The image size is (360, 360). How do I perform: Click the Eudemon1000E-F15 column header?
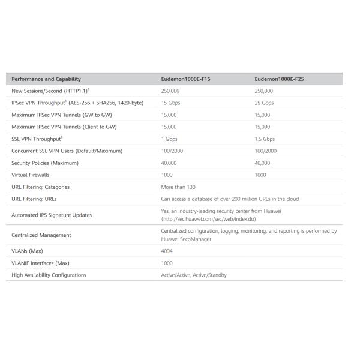(185, 79)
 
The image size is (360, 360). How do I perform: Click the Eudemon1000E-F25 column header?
(278, 79)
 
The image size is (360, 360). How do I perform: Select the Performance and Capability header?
(46, 79)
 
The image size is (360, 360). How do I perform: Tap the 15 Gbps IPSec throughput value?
(172, 103)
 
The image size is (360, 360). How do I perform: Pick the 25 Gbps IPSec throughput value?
(264, 103)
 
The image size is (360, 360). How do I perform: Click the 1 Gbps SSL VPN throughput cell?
(170, 139)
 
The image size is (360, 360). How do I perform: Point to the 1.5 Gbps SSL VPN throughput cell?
(265, 139)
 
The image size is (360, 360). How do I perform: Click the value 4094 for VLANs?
(167, 251)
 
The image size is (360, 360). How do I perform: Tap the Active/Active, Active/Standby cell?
(194, 275)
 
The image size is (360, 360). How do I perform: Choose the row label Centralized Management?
(41, 235)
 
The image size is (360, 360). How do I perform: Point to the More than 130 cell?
(179, 187)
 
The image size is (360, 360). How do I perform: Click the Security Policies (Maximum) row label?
(45, 163)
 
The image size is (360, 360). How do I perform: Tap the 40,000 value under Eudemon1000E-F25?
(262, 163)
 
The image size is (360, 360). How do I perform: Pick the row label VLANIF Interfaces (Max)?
(41, 263)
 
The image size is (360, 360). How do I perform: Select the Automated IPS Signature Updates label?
(52, 215)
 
